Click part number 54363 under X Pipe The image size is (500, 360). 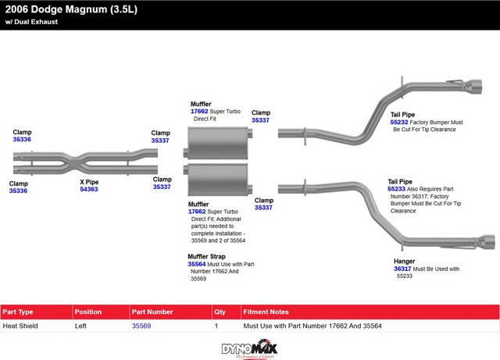[89, 189]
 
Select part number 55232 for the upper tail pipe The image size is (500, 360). [398, 123]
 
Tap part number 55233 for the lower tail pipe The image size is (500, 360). [397, 189]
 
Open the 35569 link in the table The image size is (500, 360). [141, 326]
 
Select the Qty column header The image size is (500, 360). [220, 312]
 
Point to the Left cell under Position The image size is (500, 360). [81, 326]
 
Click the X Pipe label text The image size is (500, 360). [89, 181]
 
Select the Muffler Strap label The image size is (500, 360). [207, 256]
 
